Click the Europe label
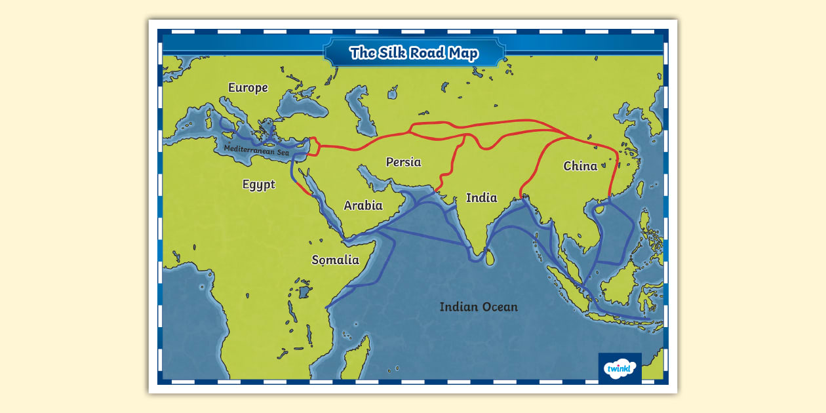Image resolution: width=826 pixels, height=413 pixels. click(x=248, y=88)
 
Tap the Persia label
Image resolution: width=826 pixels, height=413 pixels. click(x=403, y=162)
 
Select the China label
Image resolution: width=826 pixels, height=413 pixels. click(x=580, y=166)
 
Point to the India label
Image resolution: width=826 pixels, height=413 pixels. click(x=481, y=197)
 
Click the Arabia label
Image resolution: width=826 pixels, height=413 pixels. click(x=363, y=205)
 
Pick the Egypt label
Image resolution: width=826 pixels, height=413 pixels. click(x=259, y=185)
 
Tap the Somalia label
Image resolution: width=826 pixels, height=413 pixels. click(x=335, y=260)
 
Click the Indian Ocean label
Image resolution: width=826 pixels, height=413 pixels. click(x=479, y=307)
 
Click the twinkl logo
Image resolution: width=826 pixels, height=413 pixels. click(x=619, y=369)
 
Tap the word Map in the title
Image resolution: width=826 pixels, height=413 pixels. click(x=462, y=53)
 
